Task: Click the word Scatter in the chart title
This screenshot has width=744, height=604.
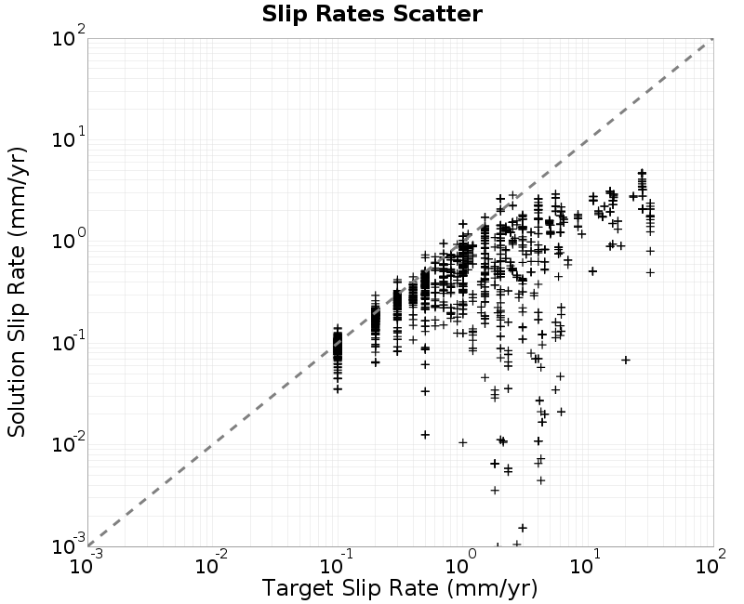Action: point(438,14)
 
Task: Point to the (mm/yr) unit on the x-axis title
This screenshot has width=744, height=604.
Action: point(492,588)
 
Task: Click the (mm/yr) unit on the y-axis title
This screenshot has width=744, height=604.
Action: point(17,193)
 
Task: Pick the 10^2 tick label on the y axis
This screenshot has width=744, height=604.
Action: point(69,36)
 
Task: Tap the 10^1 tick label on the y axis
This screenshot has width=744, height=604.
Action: point(69,138)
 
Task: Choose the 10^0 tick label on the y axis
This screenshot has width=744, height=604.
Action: point(69,240)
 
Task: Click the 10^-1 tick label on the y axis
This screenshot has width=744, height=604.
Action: point(69,341)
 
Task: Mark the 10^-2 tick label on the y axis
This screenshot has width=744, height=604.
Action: point(69,443)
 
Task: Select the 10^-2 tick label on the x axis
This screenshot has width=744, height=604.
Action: point(213,564)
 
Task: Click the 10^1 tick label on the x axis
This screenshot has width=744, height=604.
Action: point(587,564)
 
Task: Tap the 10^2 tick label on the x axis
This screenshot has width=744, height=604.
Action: point(711,564)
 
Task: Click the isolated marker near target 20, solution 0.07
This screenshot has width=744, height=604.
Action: point(626,361)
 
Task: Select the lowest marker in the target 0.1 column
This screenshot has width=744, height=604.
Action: point(338,389)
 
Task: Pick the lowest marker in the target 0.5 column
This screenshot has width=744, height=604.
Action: point(425,434)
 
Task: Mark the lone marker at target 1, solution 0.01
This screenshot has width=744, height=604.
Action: point(462,442)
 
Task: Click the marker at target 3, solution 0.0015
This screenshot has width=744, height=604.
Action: point(523,528)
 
